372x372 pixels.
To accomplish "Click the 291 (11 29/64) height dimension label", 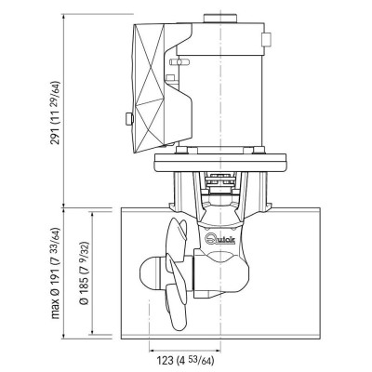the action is (x=56, y=113).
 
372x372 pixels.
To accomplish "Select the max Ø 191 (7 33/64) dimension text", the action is (x=56, y=272).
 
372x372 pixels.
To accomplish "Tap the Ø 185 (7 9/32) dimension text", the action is (x=85, y=272).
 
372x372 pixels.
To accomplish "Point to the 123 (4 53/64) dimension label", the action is (x=185, y=361).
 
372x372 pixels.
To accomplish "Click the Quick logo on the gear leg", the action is (x=220, y=239).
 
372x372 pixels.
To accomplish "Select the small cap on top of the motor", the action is (x=220, y=19).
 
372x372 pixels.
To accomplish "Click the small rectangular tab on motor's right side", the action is (x=267, y=39).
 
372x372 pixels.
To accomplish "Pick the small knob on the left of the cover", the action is (x=129, y=119).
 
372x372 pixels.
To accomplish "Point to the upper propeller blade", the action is (x=177, y=239).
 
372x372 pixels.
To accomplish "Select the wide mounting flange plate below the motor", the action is (x=220, y=163).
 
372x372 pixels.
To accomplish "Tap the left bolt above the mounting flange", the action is (x=182, y=151).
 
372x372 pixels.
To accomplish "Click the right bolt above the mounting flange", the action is (x=259, y=151).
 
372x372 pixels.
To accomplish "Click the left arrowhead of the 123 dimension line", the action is (x=152, y=351).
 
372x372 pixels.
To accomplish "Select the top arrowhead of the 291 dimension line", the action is (x=64, y=17).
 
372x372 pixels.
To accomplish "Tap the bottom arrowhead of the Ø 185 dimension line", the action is (x=92, y=332).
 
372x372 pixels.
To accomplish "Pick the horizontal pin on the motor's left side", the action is (x=179, y=62).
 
